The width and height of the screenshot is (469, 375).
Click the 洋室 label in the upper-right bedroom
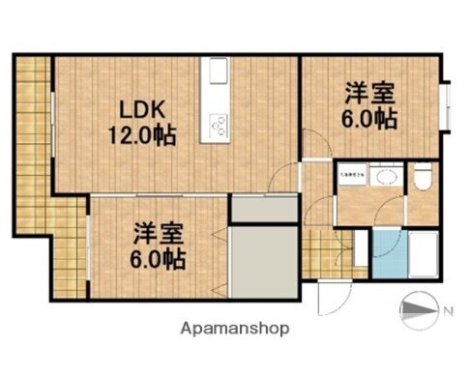pos(370,94)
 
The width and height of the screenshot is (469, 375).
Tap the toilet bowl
pos(425,178)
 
